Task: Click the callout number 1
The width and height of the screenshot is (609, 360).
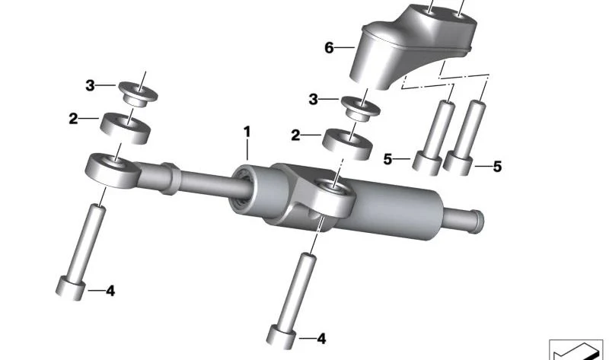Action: coord(247,132)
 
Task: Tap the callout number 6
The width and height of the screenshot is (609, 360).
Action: coord(329,48)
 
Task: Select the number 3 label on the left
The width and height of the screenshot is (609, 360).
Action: coord(90,85)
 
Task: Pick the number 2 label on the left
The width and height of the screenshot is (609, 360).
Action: coord(73,119)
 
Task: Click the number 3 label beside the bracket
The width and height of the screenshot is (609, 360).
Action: coord(314,100)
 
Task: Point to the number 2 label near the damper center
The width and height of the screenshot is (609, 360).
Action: coord(295,135)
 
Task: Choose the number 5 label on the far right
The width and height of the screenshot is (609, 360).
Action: coord(498,167)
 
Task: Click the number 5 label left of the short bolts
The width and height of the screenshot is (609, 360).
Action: coord(387,159)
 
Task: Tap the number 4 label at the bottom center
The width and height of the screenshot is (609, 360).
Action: coord(321,339)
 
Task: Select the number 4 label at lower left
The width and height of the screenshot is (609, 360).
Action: coord(110,291)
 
